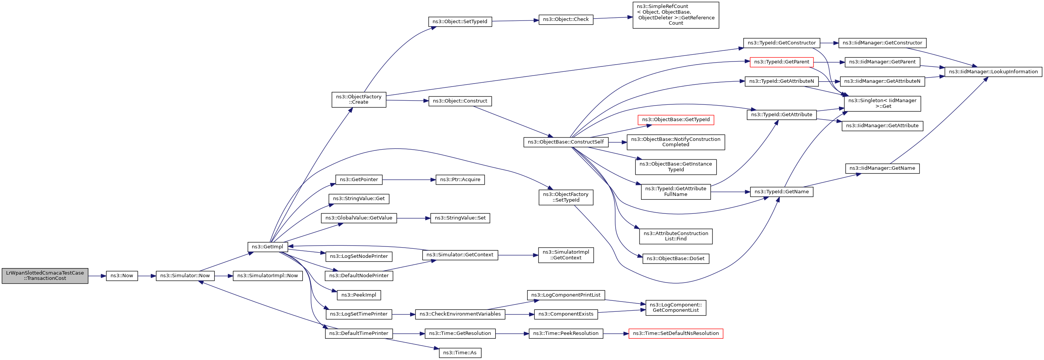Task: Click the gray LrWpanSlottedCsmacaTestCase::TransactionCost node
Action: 44,276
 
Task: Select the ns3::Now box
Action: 122,276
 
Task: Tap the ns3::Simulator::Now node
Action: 185,276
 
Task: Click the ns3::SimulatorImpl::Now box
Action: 267,276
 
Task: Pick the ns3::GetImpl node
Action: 267,247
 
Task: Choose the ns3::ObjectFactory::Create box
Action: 359,100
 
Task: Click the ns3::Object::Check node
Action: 566,19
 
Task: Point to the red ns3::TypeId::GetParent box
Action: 781,62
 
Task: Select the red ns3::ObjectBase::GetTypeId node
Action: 676,120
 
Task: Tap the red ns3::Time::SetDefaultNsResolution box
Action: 676,334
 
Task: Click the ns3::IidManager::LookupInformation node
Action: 993,72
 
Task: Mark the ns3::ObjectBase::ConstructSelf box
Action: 566,142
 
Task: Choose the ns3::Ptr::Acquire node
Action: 460,180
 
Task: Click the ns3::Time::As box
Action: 460,353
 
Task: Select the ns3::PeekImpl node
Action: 359,295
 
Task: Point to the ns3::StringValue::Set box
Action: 460,218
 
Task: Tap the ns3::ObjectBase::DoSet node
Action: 676,259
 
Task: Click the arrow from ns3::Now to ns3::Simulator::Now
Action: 147,276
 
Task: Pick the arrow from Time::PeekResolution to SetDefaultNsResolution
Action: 616,334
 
